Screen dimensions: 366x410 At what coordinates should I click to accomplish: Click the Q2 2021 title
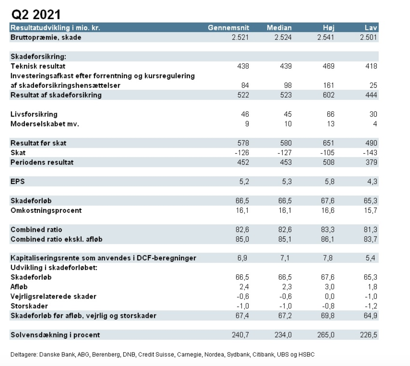[x=36, y=14]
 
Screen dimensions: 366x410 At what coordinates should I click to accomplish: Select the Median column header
[x=279, y=28]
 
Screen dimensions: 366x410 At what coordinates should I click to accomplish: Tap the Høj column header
[x=328, y=28]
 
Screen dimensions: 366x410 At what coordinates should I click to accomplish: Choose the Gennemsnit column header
[x=228, y=28]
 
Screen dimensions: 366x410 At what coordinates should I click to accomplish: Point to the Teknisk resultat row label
[x=38, y=66]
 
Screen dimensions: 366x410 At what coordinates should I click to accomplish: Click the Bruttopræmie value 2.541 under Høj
[x=326, y=37]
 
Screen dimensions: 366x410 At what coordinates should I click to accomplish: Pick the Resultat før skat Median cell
[x=285, y=143]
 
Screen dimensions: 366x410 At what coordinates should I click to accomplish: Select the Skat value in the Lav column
[x=370, y=153]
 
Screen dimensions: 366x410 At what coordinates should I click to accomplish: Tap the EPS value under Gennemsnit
[x=244, y=182]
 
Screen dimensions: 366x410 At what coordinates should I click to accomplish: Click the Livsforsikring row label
[x=34, y=114]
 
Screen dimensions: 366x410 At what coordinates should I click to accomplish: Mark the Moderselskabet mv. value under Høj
[x=330, y=124]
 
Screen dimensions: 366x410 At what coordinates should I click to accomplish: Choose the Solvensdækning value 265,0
[x=326, y=335]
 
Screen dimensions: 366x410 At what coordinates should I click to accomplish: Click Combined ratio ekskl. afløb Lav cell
[x=370, y=239]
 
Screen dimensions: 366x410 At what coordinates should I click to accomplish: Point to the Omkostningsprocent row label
[x=46, y=210]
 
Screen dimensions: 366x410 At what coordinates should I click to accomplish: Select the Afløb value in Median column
[x=287, y=287]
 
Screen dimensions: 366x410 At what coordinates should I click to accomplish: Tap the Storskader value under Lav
[x=370, y=306]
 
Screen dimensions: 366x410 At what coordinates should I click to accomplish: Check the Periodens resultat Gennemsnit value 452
[x=243, y=162]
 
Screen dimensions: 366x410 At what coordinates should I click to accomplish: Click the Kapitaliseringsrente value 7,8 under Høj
[x=328, y=258]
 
